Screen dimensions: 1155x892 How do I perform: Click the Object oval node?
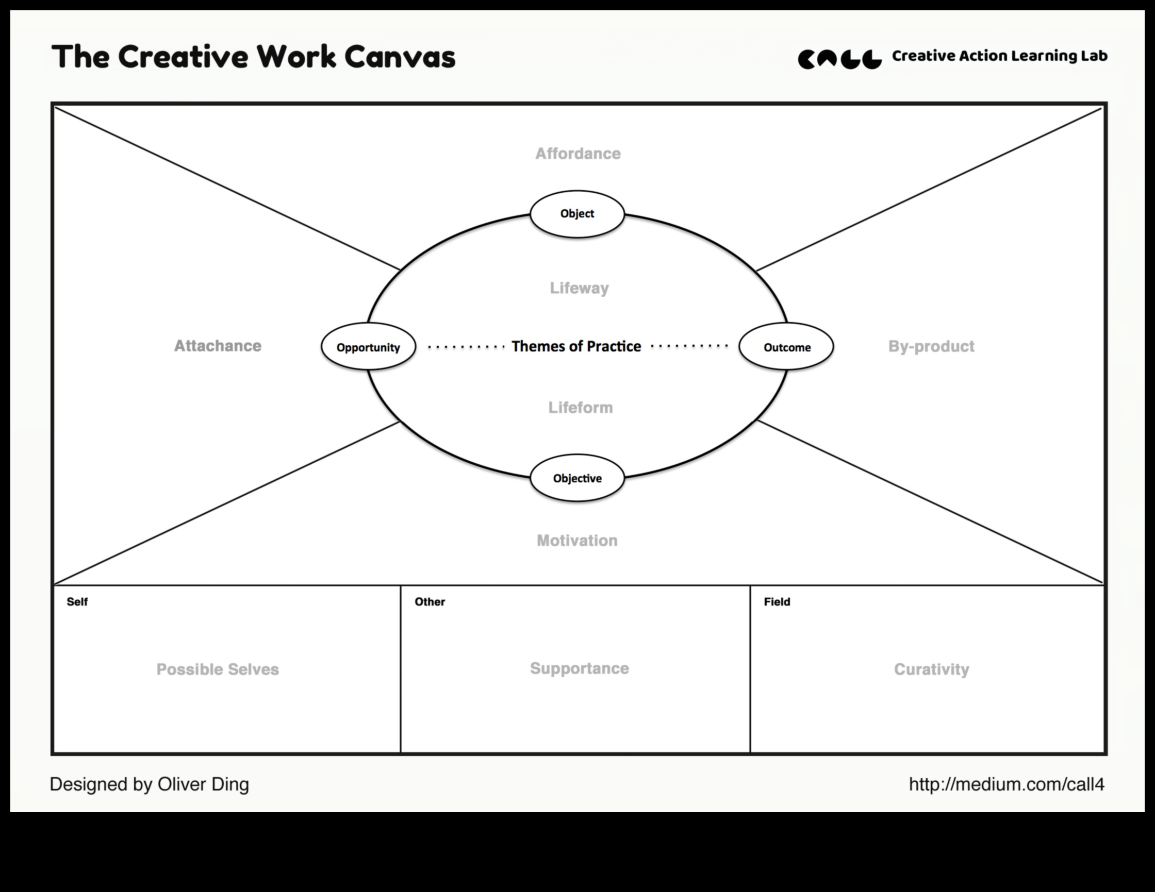(x=577, y=214)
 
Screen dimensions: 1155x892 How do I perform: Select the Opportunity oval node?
(x=369, y=347)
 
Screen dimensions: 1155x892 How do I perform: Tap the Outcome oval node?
(x=786, y=347)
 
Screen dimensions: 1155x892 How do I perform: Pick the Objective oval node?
(x=577, y=478)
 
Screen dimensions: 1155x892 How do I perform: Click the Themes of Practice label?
(x=576, y=346)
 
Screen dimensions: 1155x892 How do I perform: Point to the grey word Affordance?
(x=578, y=153)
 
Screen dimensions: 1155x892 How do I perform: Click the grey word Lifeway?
(x=580, y=288)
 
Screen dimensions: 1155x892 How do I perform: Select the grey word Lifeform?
(x=581, y=408)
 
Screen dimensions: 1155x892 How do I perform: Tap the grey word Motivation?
(x=577, y=540)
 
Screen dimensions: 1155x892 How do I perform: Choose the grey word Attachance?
(x=218, y=346)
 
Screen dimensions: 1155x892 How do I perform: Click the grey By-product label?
(x=931, y=346)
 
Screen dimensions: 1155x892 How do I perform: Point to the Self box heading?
(x=77, y=602)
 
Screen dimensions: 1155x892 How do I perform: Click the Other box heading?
(x=430, y=602)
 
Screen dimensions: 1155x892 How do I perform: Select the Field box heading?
(x=777, y=602)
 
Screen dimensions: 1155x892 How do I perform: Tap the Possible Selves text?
(x=218, y=669)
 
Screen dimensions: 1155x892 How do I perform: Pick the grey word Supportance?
(x=580, y=668)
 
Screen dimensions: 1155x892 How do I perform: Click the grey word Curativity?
(x=932, y=669)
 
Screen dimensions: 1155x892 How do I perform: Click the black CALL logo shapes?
(x=840, y=59)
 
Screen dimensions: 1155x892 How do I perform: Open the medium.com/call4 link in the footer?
(x=1007, y=784)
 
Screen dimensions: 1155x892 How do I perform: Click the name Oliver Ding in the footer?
(x=203, y=784)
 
